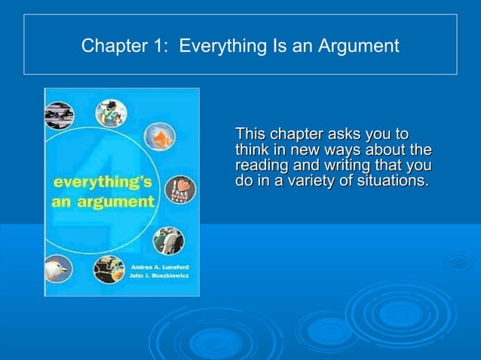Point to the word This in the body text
click(251, 135)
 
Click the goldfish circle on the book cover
click(160, 136)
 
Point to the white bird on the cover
click(58, 268)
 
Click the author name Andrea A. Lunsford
click(161, 267)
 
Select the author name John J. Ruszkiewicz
click(161, 276)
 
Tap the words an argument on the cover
click(102, 202)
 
